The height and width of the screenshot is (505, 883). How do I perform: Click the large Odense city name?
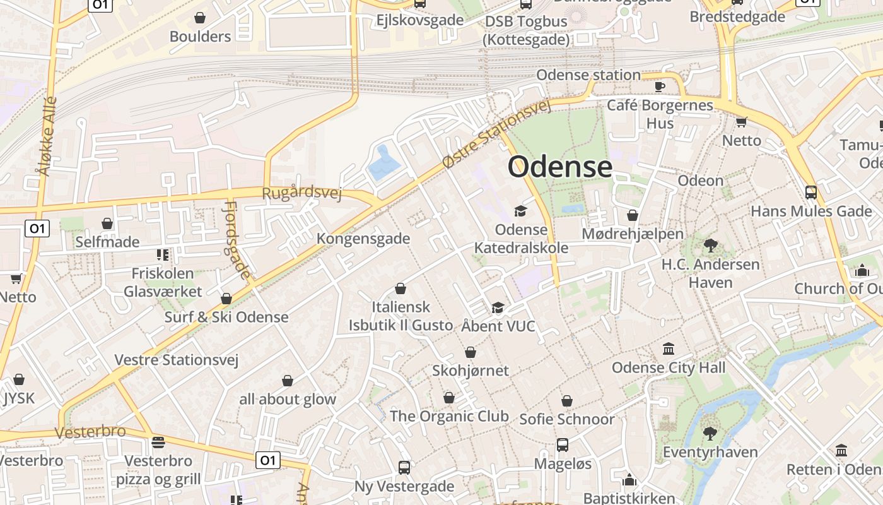(x=559, y=167)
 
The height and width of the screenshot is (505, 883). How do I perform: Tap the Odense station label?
(x=588, y=75)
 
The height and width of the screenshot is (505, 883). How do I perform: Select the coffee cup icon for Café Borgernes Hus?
(x=660, y=86)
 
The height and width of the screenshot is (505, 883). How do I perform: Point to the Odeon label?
(x=700, y=181)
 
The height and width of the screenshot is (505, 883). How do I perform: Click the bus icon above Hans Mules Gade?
(x=811, y=193)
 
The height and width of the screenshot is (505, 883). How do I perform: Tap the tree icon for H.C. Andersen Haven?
(x=710, y=246)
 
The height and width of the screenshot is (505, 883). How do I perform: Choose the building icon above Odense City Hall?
(x=669, y=348)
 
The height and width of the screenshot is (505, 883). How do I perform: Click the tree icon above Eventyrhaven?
(x=710, y=433)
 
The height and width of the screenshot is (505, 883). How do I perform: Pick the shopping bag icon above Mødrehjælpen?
(x=633, y=215)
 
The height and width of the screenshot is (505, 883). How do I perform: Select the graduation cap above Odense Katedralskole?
(x=521, y=211)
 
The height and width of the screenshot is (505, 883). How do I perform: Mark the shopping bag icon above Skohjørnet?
(x=471, y=352)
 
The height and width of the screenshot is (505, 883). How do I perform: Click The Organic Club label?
(x=449, y=416)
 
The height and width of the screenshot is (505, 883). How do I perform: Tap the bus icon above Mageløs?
(x=563, y=445)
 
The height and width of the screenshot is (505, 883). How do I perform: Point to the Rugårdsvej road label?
(x=301, y=192)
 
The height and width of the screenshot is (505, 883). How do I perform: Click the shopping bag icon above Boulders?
(x=200, y=18)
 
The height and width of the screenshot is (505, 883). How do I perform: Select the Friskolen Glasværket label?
(x=163, y=282)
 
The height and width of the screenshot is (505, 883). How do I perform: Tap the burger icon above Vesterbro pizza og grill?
(x=158, y=442)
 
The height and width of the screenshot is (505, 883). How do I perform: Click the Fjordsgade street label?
(x=237, y=240)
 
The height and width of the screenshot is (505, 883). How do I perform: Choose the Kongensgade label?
(x=363, y=239)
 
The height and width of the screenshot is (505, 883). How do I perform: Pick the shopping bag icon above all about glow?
(x=288, y=381)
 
